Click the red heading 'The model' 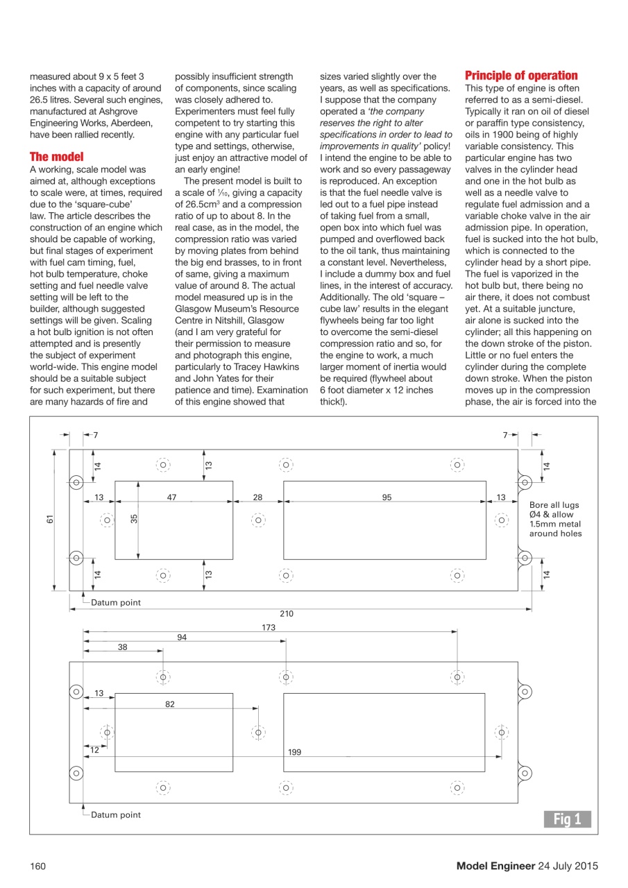(x=56, y=157)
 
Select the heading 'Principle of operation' (x=520, y=76)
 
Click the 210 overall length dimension (x=287, y=613)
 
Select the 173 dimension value (x=269, y=627)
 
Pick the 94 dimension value (x=182, y=638)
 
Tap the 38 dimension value (x=123, y=647)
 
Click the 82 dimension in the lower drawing (x=170, y=704)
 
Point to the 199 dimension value (x=295, y=751)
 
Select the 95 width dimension (x=387, y=497)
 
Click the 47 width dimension (x=172, y=497)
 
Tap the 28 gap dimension (x=257, y=497)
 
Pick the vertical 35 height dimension (x=134, y=518)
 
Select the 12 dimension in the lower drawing (x=94, y=750)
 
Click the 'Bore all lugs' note (x=554, y=505)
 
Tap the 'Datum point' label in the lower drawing (x=115, y=814)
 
